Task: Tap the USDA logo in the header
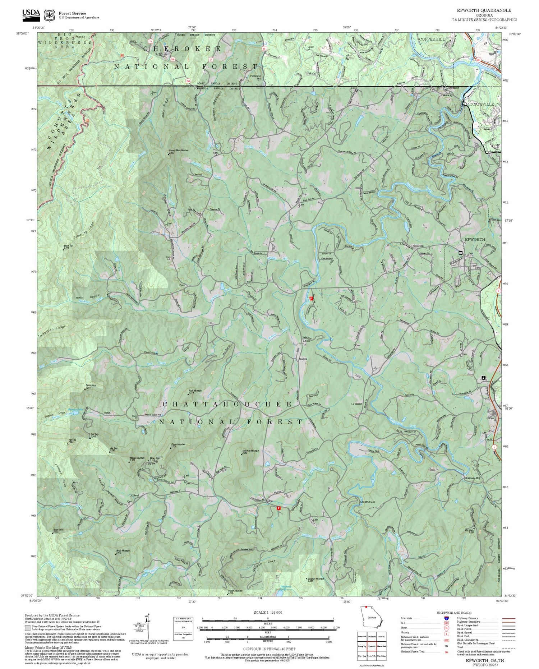coord(31,13)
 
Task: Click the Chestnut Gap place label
coord(367,502)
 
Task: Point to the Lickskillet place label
coord(358,403)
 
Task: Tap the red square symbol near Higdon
coord(278,508)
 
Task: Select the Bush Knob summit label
coord(58,530)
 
